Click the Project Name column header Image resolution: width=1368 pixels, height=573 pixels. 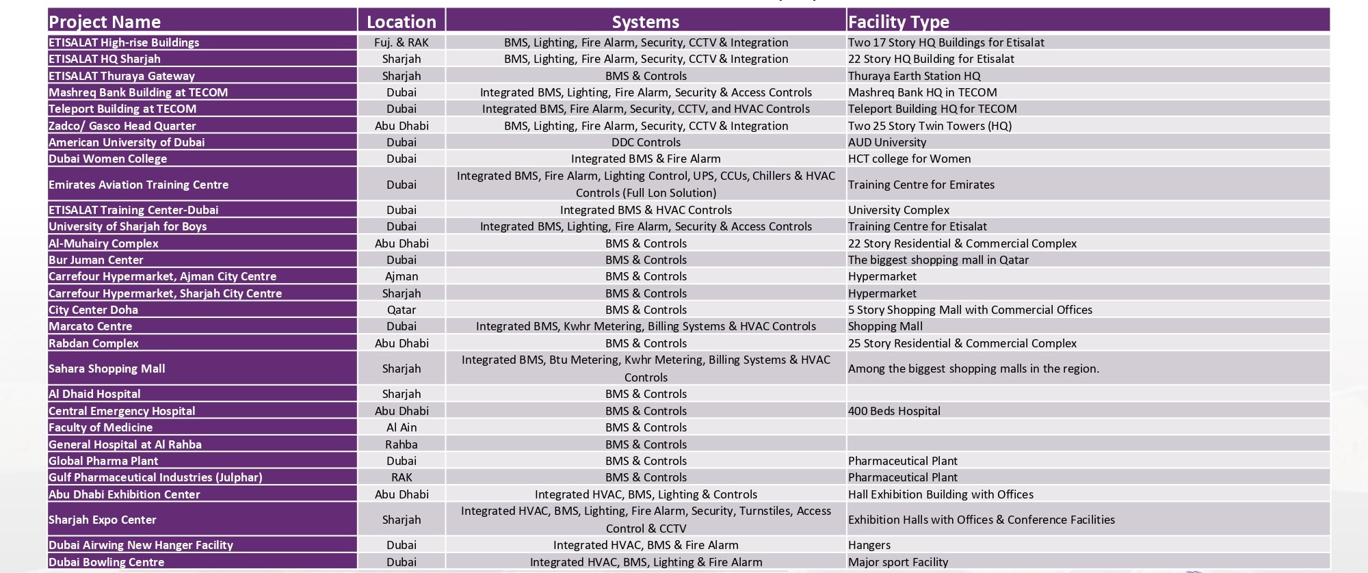[x=105, y=22]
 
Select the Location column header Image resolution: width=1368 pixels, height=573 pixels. [x=401, y=22]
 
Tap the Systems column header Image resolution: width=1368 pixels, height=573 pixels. [x=645, y=22]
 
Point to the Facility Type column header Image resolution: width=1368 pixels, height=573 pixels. [x=898, y=22]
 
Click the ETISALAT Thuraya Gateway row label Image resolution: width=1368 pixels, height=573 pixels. [x=121, y=76]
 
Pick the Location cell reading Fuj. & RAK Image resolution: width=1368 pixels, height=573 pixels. [x=401, y=42]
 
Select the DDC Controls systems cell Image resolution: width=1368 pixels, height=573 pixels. [x=645, y=142]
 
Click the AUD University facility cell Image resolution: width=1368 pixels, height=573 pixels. [x=886, y=142]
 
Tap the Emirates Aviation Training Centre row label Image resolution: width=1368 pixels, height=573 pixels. [x=138, y=185]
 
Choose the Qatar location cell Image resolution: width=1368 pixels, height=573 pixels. [x=401, y=310]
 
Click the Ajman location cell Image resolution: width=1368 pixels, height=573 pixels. [x=401, y=276]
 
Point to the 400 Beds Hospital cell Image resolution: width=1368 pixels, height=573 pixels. [x=894, y=411]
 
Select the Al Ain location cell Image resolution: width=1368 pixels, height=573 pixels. [x=401, y=427]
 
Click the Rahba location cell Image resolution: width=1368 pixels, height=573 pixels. [x=401, y=444]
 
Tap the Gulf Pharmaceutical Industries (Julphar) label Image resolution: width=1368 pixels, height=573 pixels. [x=155, y=477]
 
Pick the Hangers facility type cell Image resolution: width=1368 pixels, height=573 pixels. [x=869, y=545]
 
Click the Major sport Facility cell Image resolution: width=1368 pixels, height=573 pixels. [x=897, y=562]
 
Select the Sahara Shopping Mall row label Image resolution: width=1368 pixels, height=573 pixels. [x=107, y=369]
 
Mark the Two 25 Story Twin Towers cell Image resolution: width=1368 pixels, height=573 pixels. [x=930, y=126]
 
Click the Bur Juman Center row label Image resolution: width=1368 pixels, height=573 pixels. [x=96, y=260]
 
